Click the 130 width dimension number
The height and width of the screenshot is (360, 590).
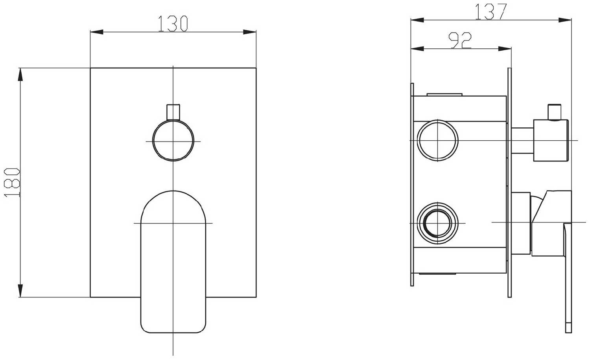tap(173, 24)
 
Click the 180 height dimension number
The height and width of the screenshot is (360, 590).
tap(12, 182)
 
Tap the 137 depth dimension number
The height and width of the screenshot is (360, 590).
tap(490, 11)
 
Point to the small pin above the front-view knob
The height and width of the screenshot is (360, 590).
tap(173, 112)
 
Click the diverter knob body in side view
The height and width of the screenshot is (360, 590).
tap(551, 140)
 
